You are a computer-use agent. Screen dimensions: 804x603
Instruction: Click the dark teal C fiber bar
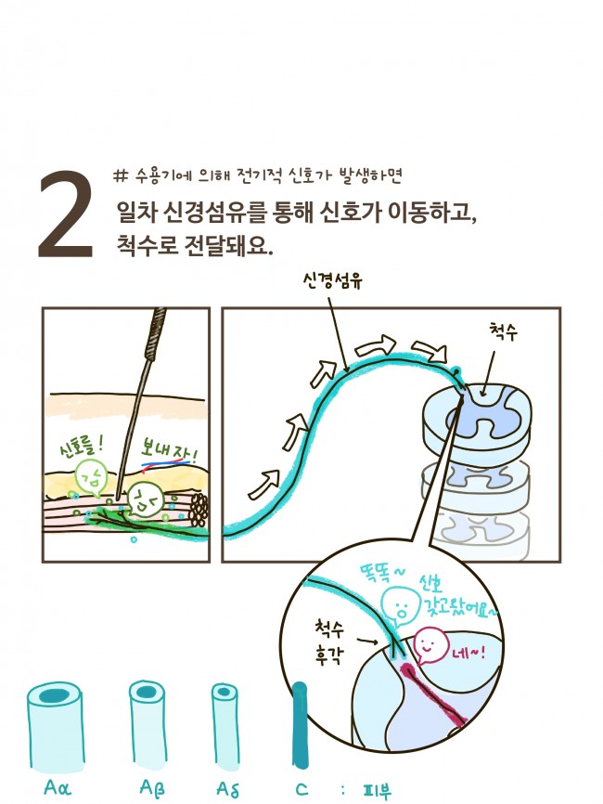tap(299, 725)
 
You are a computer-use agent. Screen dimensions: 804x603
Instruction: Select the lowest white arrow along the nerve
tap(262, 483)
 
